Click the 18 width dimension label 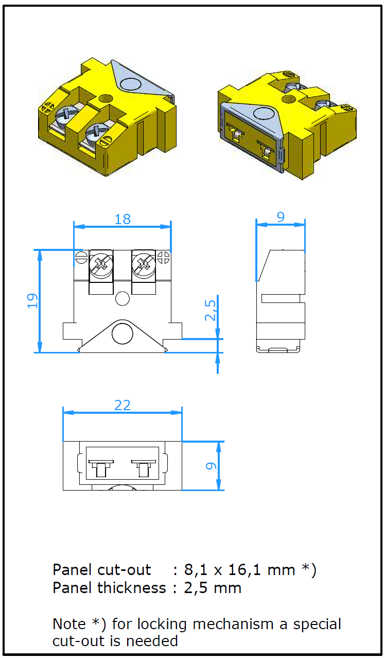pos(123,219)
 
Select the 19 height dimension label pos(32,301)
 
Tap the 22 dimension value pos(123,406)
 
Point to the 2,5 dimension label pos(210,310)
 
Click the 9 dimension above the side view pos(281,217)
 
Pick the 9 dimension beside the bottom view pos(211,466)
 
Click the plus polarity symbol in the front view pos(163,257)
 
